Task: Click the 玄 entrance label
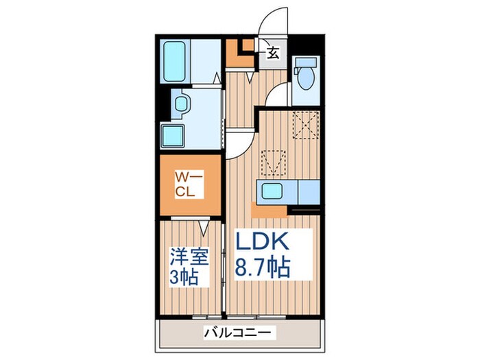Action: coord(272,53)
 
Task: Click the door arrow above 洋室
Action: coord(204,226)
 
